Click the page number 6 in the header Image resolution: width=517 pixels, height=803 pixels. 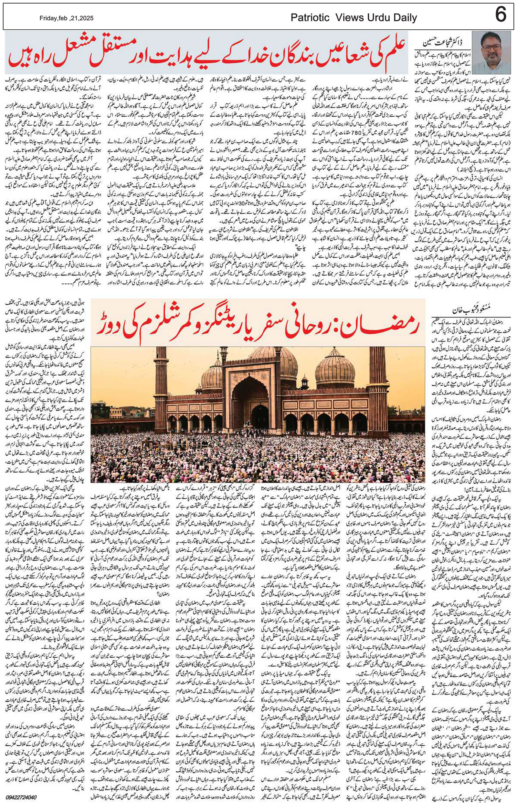tap(500, 15)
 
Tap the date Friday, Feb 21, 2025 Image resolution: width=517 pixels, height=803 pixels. tap(67, 18)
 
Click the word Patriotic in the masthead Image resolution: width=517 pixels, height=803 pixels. tap(310, 18)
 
